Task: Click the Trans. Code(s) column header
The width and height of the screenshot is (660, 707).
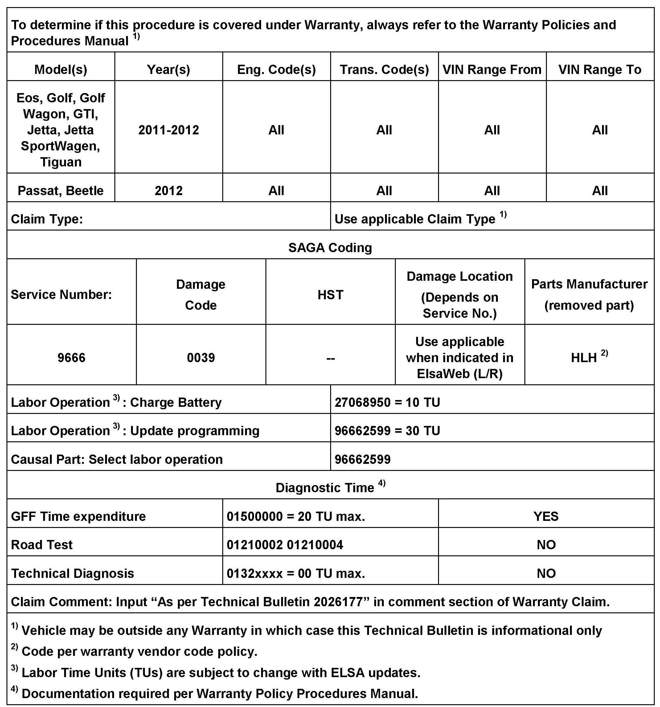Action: coord(384,69)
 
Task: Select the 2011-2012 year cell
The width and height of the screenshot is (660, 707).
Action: coord(169,130)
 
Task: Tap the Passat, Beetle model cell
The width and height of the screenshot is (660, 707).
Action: coord(60,191)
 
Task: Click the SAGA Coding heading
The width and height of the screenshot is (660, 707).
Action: coord(330,247)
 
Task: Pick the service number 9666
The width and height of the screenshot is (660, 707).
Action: coord(72,358)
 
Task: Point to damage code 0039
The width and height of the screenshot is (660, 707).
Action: coord(201,358)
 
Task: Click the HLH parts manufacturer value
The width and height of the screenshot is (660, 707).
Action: coord(584,358)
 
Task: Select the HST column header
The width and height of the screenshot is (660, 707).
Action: coord(330,294)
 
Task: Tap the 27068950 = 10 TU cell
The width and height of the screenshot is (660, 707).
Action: coord(387,402)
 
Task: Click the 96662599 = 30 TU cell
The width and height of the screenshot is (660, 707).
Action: coord(387,431)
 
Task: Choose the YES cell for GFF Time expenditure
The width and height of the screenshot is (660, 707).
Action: coord(546,516)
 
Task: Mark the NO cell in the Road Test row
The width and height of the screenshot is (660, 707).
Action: coord(546,545)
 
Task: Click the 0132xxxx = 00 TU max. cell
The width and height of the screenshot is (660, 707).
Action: coord(296,573)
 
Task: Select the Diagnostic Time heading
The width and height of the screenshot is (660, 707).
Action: coord(325,488)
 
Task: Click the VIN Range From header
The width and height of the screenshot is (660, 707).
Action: coord(492,69)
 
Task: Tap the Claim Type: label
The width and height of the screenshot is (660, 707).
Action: coord(47,219)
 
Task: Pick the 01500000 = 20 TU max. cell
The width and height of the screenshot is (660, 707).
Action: coord(296,516)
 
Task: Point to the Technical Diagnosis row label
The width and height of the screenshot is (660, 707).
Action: coord(72,573)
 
